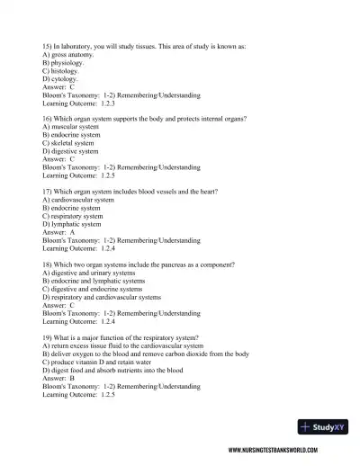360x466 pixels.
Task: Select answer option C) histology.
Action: tap(66, 70)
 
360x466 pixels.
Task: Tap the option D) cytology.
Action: tap(66, 78)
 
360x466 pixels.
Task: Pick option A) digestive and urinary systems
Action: tap(96, 273)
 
